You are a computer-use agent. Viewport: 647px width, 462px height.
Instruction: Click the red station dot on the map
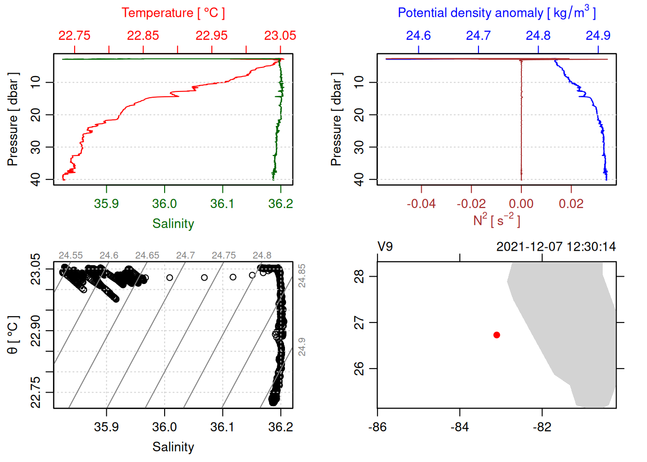[x=496, y=335]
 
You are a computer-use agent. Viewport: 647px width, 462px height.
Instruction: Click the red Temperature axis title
[x=173, y=13]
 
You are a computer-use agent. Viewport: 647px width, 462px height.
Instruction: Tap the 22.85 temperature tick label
[x=143, y=36]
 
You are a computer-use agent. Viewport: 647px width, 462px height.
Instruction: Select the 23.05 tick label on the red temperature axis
[x=280, y=36]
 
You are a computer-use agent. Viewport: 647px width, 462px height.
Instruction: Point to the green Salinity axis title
[x=173, y=224]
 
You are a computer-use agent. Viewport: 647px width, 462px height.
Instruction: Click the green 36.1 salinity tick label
[x=222, y=204]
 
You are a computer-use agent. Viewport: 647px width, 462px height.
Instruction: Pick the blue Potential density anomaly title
[x=496, y=13]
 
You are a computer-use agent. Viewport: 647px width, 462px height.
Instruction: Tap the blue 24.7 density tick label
[x=478, y=36]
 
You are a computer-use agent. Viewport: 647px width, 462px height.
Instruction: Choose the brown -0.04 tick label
[x=421, y=204]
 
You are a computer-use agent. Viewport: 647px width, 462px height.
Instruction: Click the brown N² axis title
[x=496, y=220]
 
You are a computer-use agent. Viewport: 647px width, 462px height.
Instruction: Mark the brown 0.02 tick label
[x=571, y=204]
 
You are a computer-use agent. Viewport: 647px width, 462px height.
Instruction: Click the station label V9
[x=385, y=247]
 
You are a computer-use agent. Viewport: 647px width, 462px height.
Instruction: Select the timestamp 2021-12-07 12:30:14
[x=556, y=247]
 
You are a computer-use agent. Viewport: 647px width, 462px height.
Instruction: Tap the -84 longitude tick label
[x=460, y=427]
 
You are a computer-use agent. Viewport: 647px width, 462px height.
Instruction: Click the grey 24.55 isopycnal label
[x=71, y=256]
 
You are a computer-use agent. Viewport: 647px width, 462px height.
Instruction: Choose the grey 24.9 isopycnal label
[x=302, y=346]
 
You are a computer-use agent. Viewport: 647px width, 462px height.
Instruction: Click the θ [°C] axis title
[x=13, y=335]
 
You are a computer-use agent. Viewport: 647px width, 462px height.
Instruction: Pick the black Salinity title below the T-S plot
[x=173, y=447]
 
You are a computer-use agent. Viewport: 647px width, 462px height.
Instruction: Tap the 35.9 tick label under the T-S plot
[x=106, y=427]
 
